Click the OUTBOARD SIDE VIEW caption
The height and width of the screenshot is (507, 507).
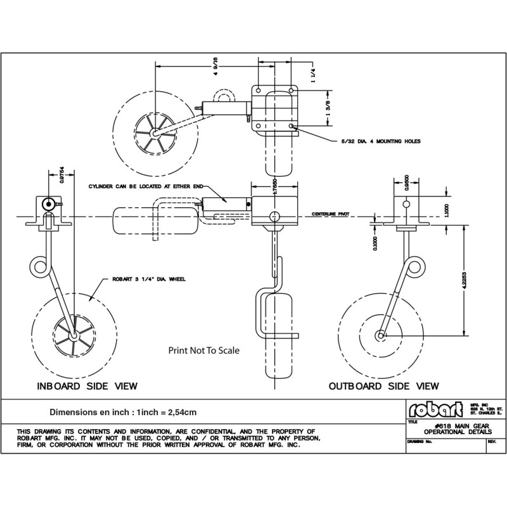(x=383, y=385)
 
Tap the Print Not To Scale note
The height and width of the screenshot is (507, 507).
(x=203, y=350)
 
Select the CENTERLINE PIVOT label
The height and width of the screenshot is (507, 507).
(x=333, y=215)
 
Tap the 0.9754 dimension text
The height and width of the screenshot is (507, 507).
(x=62, y=179)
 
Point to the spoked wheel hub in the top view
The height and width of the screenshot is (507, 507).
(x=153, y=133)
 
